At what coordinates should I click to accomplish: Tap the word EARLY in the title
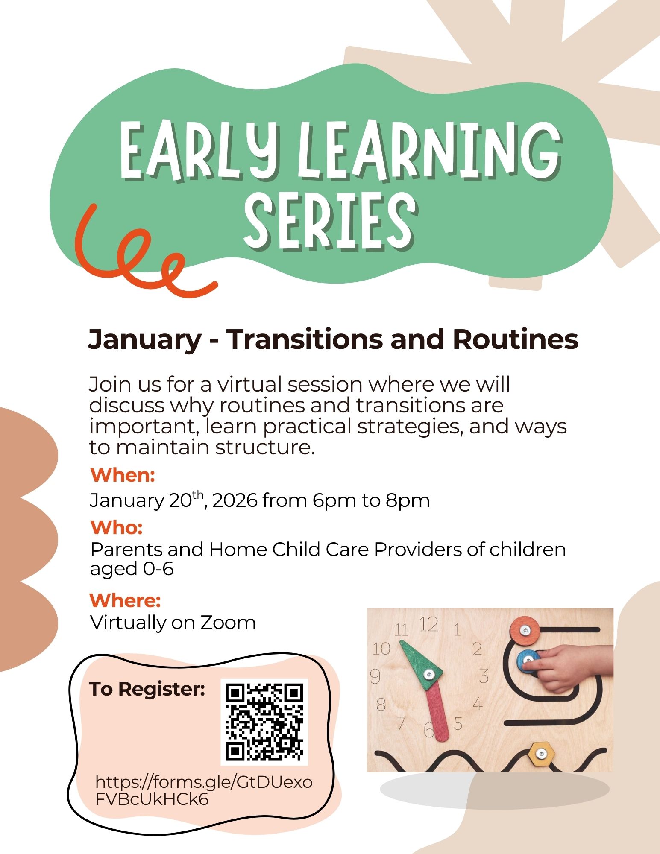pyautogui.click(x=199, y=150)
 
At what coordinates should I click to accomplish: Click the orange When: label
pyautogui.click(x=123, y=475)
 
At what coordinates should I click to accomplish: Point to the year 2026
pyautogui.click(x=235, y=500)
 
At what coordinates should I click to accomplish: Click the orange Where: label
pyautogui.click(x=125, y=600)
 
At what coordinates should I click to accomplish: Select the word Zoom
pyautogui.click(x=228, y=623)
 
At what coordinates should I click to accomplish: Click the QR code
pyautogui.click(x=264, y=722)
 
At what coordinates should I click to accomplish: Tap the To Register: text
pyautogui.click(x=147, y=689)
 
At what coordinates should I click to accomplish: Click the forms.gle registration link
pyautogui.click(x=204, y=791)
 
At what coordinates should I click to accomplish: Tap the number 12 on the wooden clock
pyautogui.click(x=428, y=625)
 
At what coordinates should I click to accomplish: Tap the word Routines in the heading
pyautogui.click(x=515, y=339)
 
